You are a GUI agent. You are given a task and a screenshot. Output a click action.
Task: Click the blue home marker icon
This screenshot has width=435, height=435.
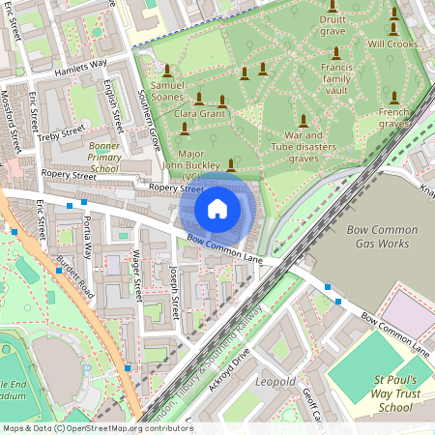click(217, 208)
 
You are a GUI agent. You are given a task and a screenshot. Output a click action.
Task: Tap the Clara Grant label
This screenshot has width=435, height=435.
click(199, 114)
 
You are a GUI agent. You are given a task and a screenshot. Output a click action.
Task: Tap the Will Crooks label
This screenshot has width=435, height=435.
click(392, 44)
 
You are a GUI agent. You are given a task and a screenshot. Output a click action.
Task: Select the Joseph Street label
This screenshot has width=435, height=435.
click(175, 294)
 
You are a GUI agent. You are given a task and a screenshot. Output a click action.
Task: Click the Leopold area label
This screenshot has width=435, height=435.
click(275, 382)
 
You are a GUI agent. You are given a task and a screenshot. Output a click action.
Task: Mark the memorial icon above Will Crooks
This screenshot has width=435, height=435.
click(393, 14)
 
